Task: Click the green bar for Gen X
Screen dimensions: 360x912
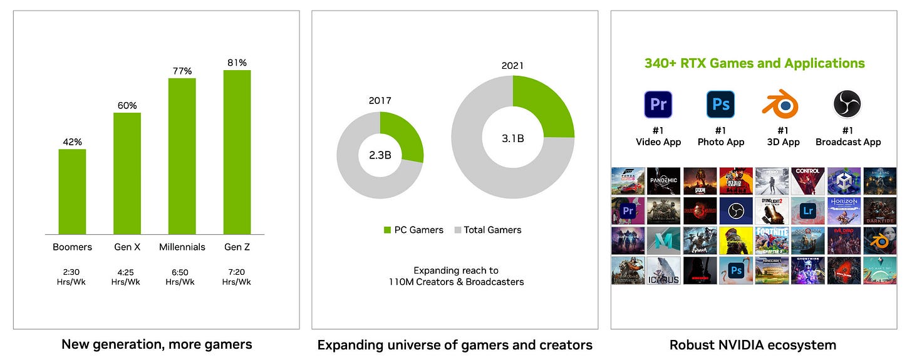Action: (x=127, y=173)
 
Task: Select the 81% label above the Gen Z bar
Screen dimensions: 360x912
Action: (x=237, y=63)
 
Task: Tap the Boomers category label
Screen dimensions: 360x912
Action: (x=72, y=247)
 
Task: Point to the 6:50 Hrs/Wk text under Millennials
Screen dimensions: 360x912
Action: (x=180, y=277)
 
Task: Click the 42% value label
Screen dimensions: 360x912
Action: (x=72, y=141)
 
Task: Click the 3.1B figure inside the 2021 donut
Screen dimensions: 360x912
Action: (x=512, y=138)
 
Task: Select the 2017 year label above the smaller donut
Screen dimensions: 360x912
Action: (x=380, y=100)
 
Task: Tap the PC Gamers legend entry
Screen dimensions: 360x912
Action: (x=413, y=230)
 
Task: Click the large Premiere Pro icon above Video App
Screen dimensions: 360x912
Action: (x=658, y=105)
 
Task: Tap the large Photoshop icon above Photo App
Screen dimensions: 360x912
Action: (x=720, y=105)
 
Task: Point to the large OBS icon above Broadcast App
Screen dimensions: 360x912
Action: (x=847, y=105)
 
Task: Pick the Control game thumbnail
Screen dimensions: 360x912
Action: (x=807, y=180)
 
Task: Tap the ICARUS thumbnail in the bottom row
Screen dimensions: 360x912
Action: (x=663, y=270)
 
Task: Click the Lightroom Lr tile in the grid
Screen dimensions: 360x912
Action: (x=807, y=211)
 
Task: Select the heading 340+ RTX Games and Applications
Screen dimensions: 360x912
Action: (x=754, y=63)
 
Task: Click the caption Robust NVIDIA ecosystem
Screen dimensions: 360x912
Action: (x=752, y=344)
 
